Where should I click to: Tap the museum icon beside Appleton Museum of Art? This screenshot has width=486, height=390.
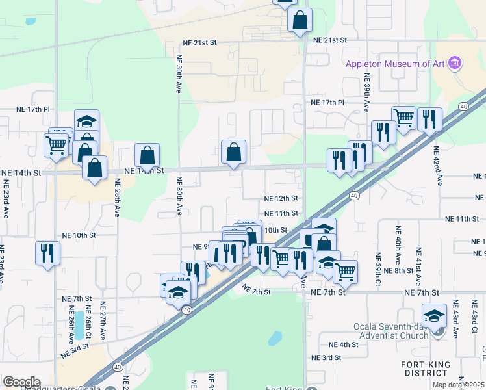click(455, 63)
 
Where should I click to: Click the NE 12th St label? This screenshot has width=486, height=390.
click(281, 198)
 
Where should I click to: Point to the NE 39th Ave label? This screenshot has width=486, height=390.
click(367, 95)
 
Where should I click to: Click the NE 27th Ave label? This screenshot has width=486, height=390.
click(102, 321)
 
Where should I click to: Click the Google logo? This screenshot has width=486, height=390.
click(21, 382)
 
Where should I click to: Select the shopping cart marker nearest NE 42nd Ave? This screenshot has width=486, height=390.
click(404, 118)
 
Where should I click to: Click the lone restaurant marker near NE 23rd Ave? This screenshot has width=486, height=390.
click(47, 253)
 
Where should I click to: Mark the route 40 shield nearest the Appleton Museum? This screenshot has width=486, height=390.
click(463, 106)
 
